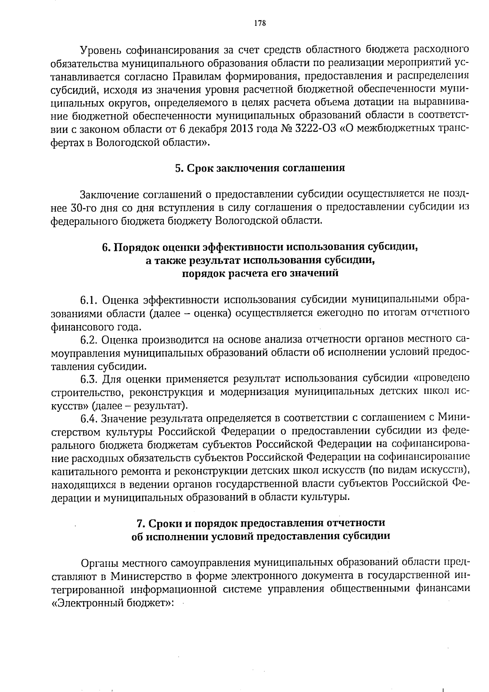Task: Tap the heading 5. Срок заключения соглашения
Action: tap(260, 168)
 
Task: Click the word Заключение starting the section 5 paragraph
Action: tap(108, 195)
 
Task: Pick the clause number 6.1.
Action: tap(89, 301)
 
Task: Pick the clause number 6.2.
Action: tap(89, 340)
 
